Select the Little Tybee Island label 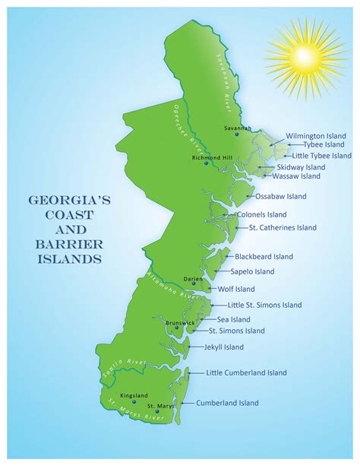click(x=319, y=155)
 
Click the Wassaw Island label click(x=299, y=176)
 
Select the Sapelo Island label click(x=254, y=271)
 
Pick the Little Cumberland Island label click(x=247, y=372)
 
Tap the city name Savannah click(x=237, y=128)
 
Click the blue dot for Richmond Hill click(x=206, y=163)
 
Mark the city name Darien click(x=193, y=279)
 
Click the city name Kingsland click(x=134, y=395)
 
